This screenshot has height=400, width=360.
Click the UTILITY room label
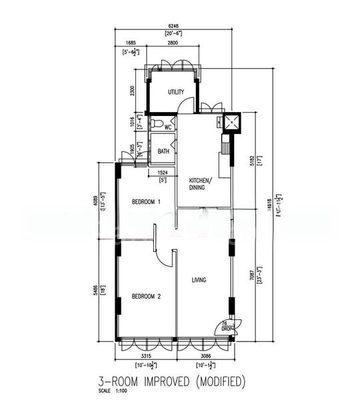point(176,92)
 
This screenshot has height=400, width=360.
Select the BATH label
point(163,151)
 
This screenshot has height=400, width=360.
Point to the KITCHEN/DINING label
point(201,184)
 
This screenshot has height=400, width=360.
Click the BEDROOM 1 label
point(146,202)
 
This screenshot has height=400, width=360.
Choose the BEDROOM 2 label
point(146,296)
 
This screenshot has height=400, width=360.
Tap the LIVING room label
point(199,280)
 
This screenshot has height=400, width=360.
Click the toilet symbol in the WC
point(154,124)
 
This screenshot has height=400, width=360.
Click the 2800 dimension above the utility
point(172,43)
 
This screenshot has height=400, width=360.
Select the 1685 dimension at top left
point(130,43)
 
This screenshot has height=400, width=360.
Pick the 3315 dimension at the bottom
point(146,357)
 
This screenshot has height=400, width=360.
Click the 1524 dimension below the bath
point(162,172)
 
